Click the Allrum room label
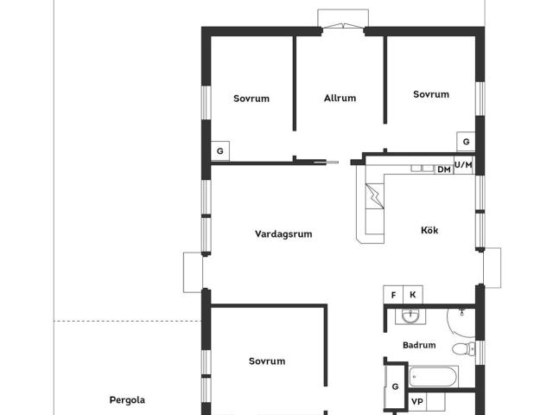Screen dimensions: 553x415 (x=340, y=98)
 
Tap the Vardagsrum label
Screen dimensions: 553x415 (x=283, y=234)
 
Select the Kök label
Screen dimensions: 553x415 (x=429, y=230)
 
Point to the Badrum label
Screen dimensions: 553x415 (x=419, y=345)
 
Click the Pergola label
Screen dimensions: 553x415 (x=127, y=399)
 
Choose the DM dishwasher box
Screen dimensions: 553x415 (x=444, y=169)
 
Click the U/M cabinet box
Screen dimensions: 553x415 (x=463, y=165)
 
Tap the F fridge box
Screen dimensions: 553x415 (x=393, y=295)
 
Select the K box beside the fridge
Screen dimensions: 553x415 (x=413, y=295)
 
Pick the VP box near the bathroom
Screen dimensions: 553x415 (x=417, y=401)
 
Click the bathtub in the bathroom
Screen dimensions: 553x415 (x=434, y=377)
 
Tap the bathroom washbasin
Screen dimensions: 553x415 (x=410, y=316)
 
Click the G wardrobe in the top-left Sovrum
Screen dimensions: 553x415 (x=220, y=151)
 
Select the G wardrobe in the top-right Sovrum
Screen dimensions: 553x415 (x=466, y=142)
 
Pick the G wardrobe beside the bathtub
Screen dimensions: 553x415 (x=395, y=386)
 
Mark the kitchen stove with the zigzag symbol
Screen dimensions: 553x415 (x=375, y=195)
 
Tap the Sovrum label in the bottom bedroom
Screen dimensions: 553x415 (x=267, y=361)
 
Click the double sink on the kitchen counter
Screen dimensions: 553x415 (x=423, y=169)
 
